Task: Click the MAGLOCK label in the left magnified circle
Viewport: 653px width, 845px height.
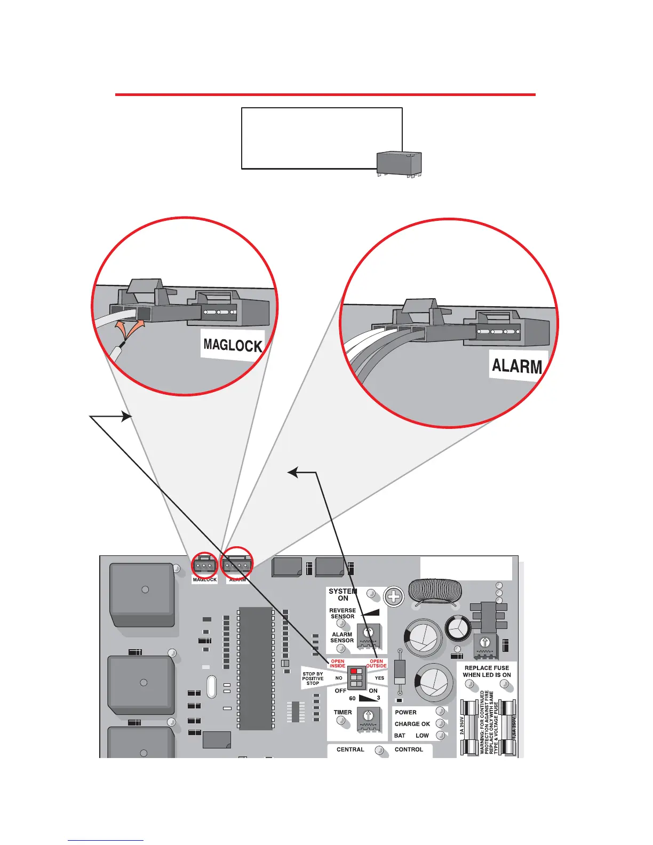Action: tap(233, 345)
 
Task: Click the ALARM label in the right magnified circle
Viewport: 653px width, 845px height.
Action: tap(516, 366)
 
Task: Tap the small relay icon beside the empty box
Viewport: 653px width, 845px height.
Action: tap(399, 163)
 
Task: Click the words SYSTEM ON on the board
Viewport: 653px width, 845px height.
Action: tap(343, 595)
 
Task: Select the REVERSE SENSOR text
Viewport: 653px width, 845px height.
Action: tap(343, 613)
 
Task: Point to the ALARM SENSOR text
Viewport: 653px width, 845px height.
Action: tap(342, 637)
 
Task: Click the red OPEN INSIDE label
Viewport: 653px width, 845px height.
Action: tap(338, 664)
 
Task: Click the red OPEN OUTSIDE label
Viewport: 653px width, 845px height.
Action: tap(376, 664)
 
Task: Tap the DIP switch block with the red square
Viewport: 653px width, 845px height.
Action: tap(356, 677)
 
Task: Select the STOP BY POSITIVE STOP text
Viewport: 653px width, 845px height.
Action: tap(313, 679)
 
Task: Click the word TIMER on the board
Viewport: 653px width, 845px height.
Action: tap(343, 712)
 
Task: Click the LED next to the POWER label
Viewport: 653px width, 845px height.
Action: tap(440, 711)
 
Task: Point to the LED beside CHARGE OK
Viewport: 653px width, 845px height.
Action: tap(440, 723)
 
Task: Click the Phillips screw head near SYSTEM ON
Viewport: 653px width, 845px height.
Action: tap(394, 596)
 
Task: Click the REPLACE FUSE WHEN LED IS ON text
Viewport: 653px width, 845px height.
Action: tap(487, 671)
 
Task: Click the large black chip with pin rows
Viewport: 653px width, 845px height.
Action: tap(256, 668)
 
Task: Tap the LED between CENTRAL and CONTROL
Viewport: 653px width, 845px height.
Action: tap(379, 750)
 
